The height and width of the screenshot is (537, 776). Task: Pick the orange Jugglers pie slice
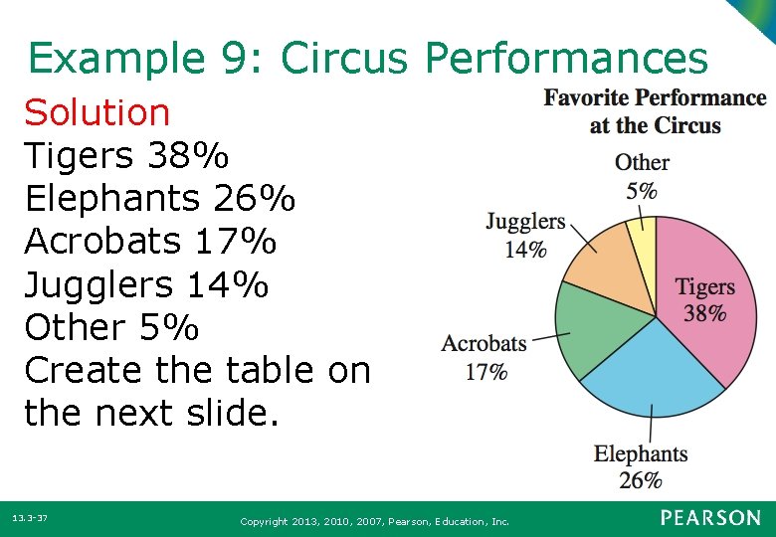(602, 259)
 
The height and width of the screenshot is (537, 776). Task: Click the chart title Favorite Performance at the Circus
(655, 111)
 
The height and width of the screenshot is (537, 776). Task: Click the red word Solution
(97, 112)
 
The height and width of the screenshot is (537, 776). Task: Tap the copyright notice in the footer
(375, 521)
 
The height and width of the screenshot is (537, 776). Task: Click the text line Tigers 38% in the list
(126, 156)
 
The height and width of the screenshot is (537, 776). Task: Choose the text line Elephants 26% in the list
(160, 199)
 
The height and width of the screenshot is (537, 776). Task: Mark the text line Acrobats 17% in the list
(150, 242)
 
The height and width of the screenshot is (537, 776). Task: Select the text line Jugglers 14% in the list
(146, 285)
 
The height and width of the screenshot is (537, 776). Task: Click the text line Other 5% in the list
(111, 327)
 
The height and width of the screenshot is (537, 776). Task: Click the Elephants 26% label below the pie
(641, 466)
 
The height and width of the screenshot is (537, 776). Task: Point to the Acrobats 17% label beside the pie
(485, 357)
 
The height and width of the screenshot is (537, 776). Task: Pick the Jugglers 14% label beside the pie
(525, 236)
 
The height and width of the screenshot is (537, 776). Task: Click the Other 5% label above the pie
(642, 176)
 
